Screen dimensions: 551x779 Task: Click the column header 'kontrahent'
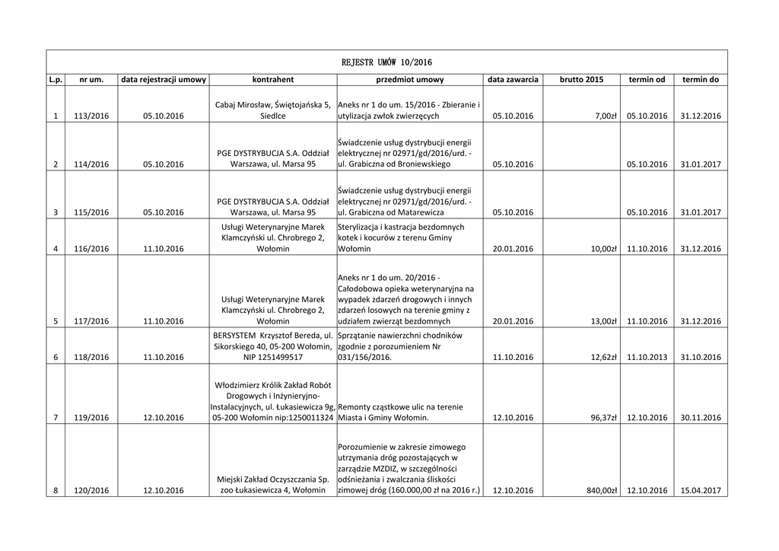272,79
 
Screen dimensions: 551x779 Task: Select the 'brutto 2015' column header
581,79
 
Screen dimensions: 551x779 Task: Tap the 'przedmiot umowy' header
409,79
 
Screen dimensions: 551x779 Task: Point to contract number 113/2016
91,116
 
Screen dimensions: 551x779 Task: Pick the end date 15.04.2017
701,491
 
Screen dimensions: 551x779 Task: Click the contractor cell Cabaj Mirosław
272,110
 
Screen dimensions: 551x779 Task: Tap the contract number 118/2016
91,357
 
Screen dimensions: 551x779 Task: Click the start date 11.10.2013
647,357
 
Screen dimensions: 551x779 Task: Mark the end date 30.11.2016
701,418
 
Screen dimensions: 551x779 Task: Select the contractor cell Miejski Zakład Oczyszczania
272,485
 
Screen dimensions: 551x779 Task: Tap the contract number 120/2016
91,491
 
